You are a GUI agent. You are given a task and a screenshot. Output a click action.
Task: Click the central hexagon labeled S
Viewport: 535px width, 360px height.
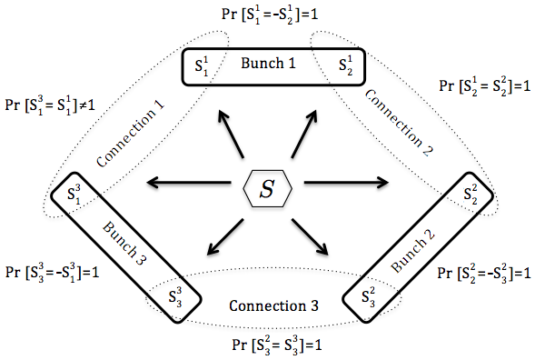[267, 189]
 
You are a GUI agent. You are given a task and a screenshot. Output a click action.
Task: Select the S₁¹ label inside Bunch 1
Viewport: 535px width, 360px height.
[201, 65]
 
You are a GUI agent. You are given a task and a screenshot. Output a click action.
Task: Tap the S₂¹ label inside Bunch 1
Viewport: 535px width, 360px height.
[345, 65]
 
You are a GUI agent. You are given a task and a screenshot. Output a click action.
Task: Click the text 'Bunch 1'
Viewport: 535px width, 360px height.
[270, 65]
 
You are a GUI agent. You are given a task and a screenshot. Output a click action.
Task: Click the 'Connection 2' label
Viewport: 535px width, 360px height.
[401, 125]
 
